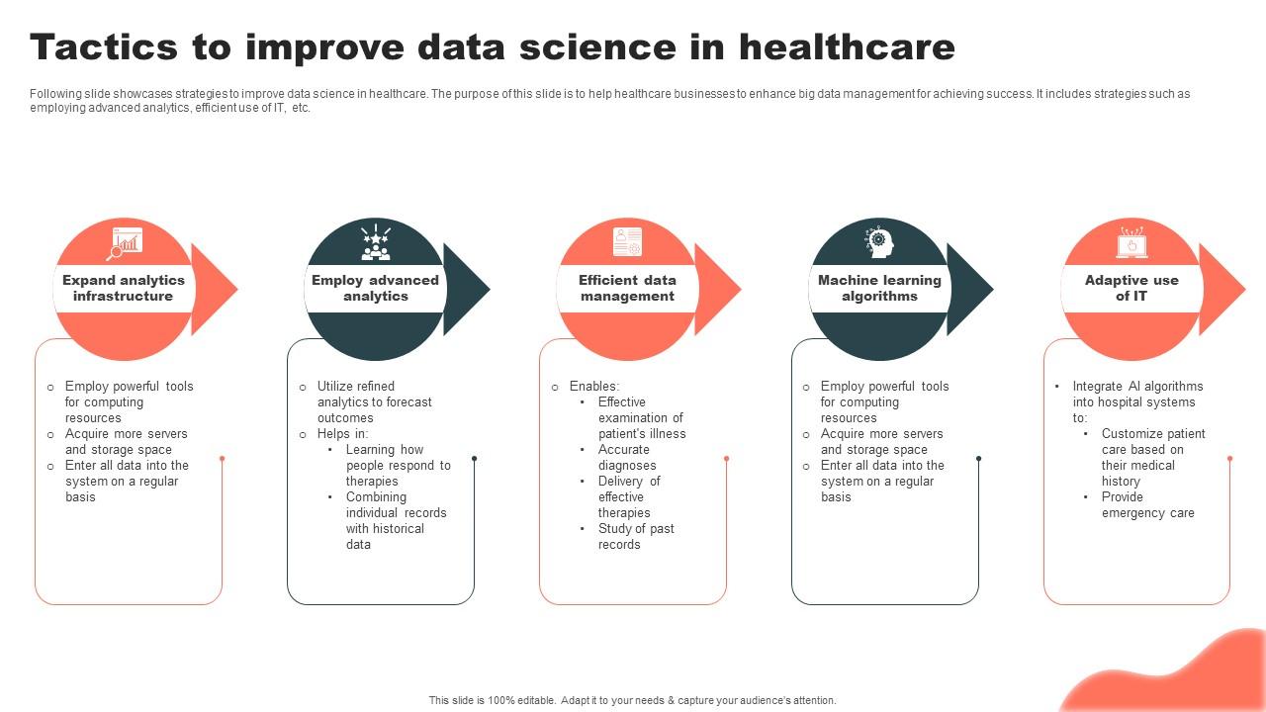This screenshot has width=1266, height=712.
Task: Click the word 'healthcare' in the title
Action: pyautogui.click(x=848, y=46)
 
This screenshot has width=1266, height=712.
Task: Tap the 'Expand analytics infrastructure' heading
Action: pyautogui.click(x=124, y=288)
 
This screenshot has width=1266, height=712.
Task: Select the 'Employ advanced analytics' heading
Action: pyautogui.click(x=375, y=288)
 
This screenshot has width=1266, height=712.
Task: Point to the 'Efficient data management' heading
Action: pyautogui.click(x=627, y=288)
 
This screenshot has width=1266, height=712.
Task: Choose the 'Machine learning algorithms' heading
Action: pyautogui.click(x=879, y=288)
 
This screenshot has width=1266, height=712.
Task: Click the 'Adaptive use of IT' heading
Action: pyautogui.click(x=1131, y=288)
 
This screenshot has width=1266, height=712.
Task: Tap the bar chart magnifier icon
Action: pyautogui.click(x=125, y=243)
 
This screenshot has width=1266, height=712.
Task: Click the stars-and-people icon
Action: pyautogui.click(x=376, y=242)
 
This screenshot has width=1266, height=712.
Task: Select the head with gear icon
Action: pyautogui.click(x=879, y=242)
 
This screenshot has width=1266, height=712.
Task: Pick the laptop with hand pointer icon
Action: pyautogui.click(x=1132, y=242)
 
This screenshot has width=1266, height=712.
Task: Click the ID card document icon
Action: pyautogui.click(x=627, y=242)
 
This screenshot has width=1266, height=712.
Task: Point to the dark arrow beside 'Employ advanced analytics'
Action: pyautogui.click(x=466, y=290)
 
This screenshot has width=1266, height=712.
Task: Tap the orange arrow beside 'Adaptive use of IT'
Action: pyautogui.click(x=1222, y=290)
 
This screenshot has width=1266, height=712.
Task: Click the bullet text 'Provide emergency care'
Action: pyautogui.click(x=1148, y=504)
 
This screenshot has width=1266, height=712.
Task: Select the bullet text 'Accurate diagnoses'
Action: pyautogui.click(x=627, y=457)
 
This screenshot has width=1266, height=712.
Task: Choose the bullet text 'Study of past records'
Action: pyautogui.click(x=636, y=536)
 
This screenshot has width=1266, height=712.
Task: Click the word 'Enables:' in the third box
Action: pyautogui.click(x=594, y=386)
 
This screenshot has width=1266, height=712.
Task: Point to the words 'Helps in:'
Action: pyautogui.click(x=342, y=433)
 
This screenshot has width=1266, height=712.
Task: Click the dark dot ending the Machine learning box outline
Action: pyautogui.click(x=979, y=458)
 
